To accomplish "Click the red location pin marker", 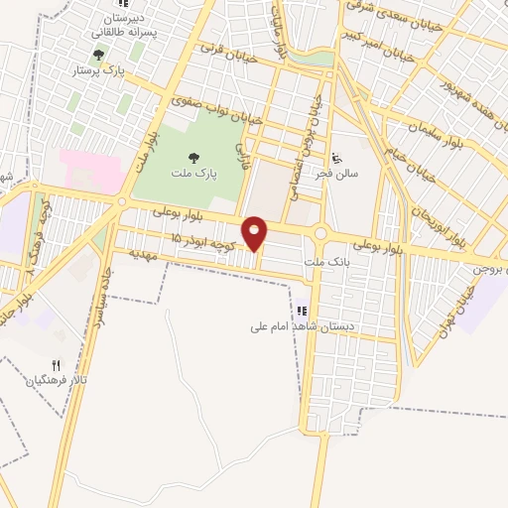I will pyautogui.click(x=255, y=233).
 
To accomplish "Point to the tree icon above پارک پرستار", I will pyautogui.click(x=96, y=56).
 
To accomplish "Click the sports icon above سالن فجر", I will pyautogui.click(x=337, y=157).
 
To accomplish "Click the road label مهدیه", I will pyautogui.click(x=144, y=254).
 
